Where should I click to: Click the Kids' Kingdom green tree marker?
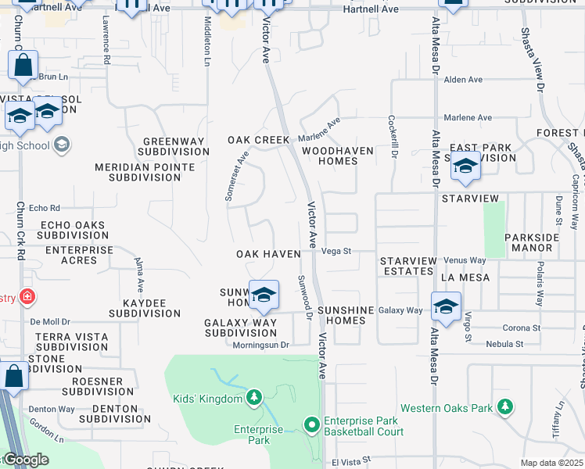(x=253, y=399)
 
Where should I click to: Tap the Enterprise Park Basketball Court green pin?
(x=311, y=425)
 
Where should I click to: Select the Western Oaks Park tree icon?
(x=505, y=407)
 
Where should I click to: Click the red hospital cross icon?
(x=27, y=297)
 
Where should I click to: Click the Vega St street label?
(x=337, y=252)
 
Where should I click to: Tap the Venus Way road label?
(x=465, y=260)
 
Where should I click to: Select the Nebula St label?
(x=504, y=344)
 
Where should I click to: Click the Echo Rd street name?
(x=44, y=208)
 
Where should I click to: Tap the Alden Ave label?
(x=463, y=80)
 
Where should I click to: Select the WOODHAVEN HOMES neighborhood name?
(x=330, y=156)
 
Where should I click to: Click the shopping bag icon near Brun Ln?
(x=23, y=66)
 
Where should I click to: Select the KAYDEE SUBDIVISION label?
(x=145, y=307)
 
